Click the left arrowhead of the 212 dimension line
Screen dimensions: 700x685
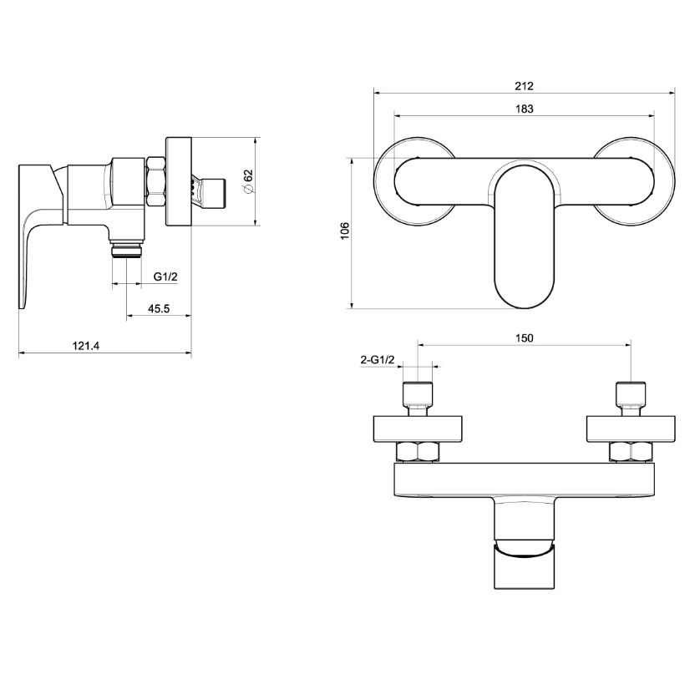tap(374, 93)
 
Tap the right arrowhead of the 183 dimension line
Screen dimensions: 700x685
tap(653, 116)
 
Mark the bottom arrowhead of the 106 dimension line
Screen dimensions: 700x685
tap(353, 307)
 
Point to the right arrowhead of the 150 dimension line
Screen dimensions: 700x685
tap(631, 345)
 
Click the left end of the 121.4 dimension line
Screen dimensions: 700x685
tap(19, 353)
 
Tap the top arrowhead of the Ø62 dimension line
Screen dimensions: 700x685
tap(255, 138)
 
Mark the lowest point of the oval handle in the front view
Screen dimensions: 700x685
tap(525, 308)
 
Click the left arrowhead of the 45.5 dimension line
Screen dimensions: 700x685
tap(127, 315)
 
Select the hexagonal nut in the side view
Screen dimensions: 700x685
tap(156, 181)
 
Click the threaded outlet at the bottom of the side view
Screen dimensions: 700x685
tap(127, 250)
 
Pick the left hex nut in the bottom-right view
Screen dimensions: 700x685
tap(418, 451)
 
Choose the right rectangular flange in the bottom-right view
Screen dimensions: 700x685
tap(631, 429)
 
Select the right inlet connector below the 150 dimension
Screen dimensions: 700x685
tap(631, 398)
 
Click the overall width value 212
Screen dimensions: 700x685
tap(524, 86)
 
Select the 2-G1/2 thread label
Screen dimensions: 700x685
tap(378, 360)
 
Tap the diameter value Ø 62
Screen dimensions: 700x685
tap(249, 181)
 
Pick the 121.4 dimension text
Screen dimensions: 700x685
tap(86, 346)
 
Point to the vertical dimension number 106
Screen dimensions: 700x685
tap(345, 231)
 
